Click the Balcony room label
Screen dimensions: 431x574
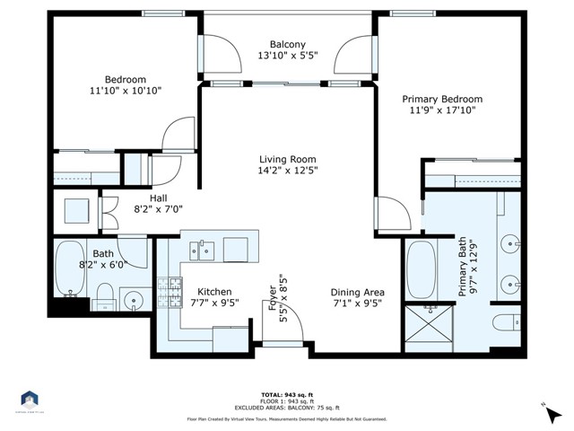pyautogui.click(x=288, y=45)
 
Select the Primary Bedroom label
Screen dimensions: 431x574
pyautogui.click(x=442, y=99)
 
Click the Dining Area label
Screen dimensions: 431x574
pyautogui.click(x=357, y=292)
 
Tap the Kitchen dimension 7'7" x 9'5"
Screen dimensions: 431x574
pyautogui.click(x=215, y=303)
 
